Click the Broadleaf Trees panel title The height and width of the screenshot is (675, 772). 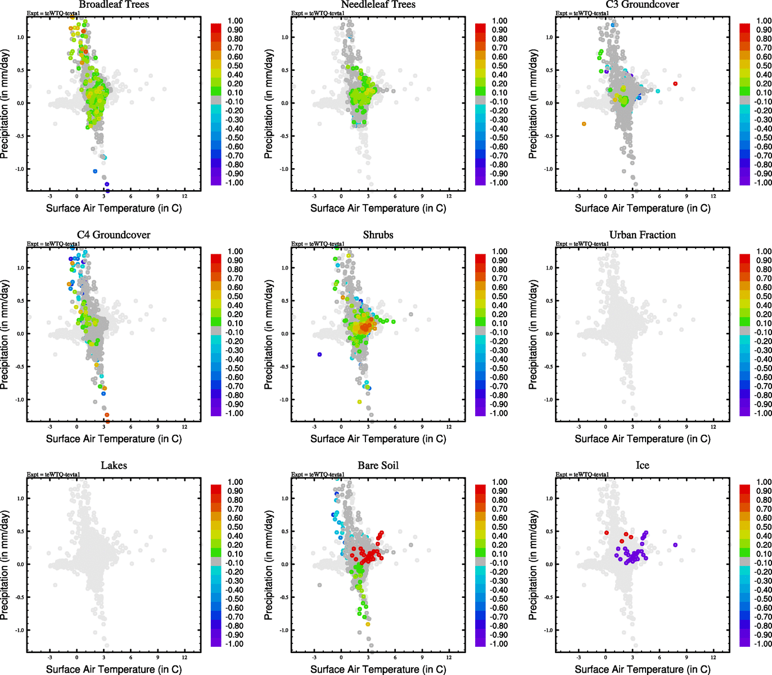pyautogui.click(x=114, y=5)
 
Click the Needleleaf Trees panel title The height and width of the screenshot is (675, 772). pyautogui.click(x=378, y=5)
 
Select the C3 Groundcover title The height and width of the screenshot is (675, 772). pyautogui.click(x=642, y=5)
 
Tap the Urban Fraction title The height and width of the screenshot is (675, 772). pyautogui.click(x=642, y=235)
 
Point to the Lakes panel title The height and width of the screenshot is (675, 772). pyautogui.click(x=114, y=466)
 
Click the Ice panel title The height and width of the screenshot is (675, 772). pyautogui.click(x=642, y=466)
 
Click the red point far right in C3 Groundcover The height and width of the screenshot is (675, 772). pyautogui.click(x=675, y=84)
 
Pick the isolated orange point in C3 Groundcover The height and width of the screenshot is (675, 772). pyautogui.click(x=584, y=124)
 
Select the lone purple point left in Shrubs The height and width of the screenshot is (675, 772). pyautogui.click(x=319, y=354)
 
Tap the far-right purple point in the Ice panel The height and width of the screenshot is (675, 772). pyautogui.click(x=675, y=545)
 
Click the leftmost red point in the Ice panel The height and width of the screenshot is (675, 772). pyautogui.click(x=606, y=533)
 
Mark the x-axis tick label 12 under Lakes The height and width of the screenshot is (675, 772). pyautogui.click(x=184, y=657)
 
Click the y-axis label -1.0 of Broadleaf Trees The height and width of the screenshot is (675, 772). pyautogui.click(x=20, y=169)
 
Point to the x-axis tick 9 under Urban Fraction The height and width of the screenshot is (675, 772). pyautogui.click(x=687, y=426)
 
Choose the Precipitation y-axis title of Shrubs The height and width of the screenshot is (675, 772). pyautogui.click(x=269, y=335)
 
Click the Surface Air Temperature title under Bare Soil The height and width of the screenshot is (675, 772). pyautogui.click(x=378, y=669)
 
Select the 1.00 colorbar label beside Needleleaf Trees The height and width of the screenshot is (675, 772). pyautogui.click(x=500, y=21)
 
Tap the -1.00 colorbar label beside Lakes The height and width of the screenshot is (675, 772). pyautogui.click(x=234, y=644)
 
